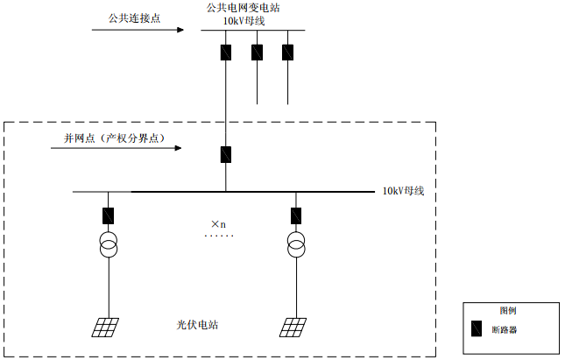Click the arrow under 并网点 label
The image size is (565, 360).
click(119, 148)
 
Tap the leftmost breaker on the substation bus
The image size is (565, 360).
click(226, 52)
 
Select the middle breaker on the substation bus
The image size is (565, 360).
click(257, 52)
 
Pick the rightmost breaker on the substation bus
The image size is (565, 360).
click(287, 52)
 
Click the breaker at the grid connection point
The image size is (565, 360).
click(226, 154)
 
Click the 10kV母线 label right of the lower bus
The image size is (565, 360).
click(403, 191)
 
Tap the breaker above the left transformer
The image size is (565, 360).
click(109, 215)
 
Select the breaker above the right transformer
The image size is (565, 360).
click(296, 215)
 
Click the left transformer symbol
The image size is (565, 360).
click(109, 246)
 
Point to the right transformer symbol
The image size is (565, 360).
click(296, 246)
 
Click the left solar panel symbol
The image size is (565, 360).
click(107, 328)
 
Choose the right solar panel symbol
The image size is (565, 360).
click(294, 328)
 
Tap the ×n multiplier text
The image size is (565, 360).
click(218, 224)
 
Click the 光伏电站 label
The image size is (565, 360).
click(197, 325)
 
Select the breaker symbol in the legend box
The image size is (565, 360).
click(477, 329)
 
